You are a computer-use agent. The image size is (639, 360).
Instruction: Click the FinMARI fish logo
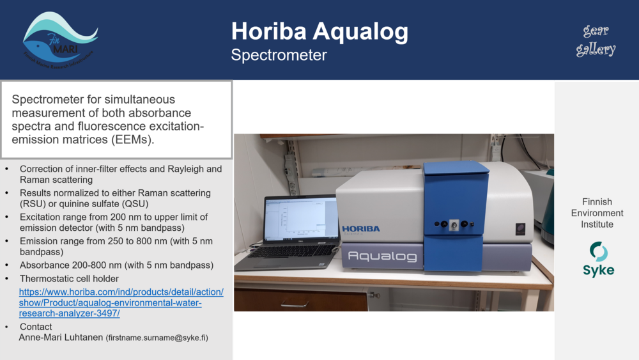point(59,40)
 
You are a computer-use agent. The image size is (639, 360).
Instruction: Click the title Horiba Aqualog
point(319,31)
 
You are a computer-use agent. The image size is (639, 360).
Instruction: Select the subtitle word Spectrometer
point(279,55)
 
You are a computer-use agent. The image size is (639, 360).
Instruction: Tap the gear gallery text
point(596,40)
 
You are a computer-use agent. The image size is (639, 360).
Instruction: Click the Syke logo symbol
point(598,251)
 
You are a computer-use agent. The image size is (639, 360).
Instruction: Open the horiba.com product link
point(121,302)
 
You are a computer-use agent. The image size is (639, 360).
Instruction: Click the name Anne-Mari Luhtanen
point(61,338)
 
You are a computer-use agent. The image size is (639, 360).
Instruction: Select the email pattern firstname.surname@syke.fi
point(157,338)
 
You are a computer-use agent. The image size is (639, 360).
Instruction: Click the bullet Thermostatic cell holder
point(69,279)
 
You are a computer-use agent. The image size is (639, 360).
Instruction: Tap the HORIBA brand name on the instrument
point(360,229)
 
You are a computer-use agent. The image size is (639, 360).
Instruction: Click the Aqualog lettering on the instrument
point(382,256)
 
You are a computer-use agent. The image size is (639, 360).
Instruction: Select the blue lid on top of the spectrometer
point(455,168)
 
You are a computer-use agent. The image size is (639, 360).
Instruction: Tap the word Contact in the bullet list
point(36,327)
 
